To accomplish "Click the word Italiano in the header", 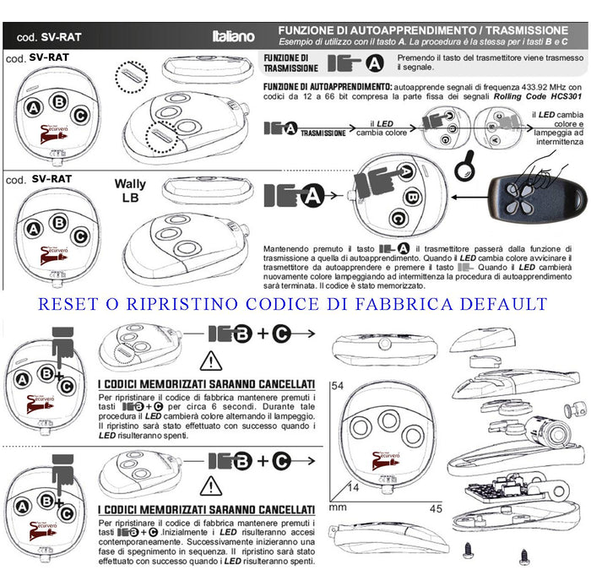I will coord(231,36).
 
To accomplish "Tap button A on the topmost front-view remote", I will coord(33,108).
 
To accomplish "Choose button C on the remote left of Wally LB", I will coord(81,230).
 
